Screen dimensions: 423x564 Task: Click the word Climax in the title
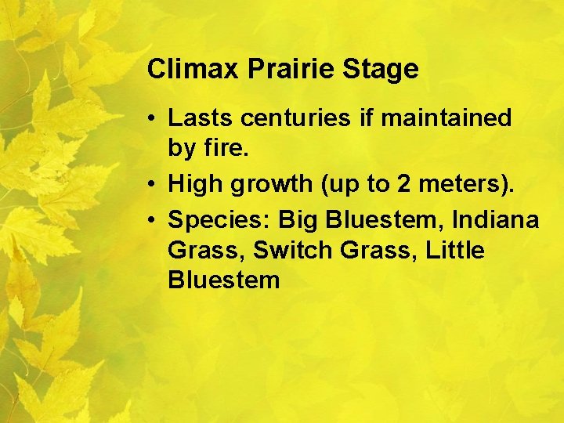[194, 70]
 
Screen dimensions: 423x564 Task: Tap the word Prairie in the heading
[292, 70]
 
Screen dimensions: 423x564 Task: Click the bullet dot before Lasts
[154, 119]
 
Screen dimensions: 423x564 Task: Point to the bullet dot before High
[154, 184]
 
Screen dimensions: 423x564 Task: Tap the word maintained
[446, 118]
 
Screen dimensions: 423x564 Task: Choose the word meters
[462, 184]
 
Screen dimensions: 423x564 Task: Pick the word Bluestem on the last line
[223, 280]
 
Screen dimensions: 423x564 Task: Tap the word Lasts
[201, 118]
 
